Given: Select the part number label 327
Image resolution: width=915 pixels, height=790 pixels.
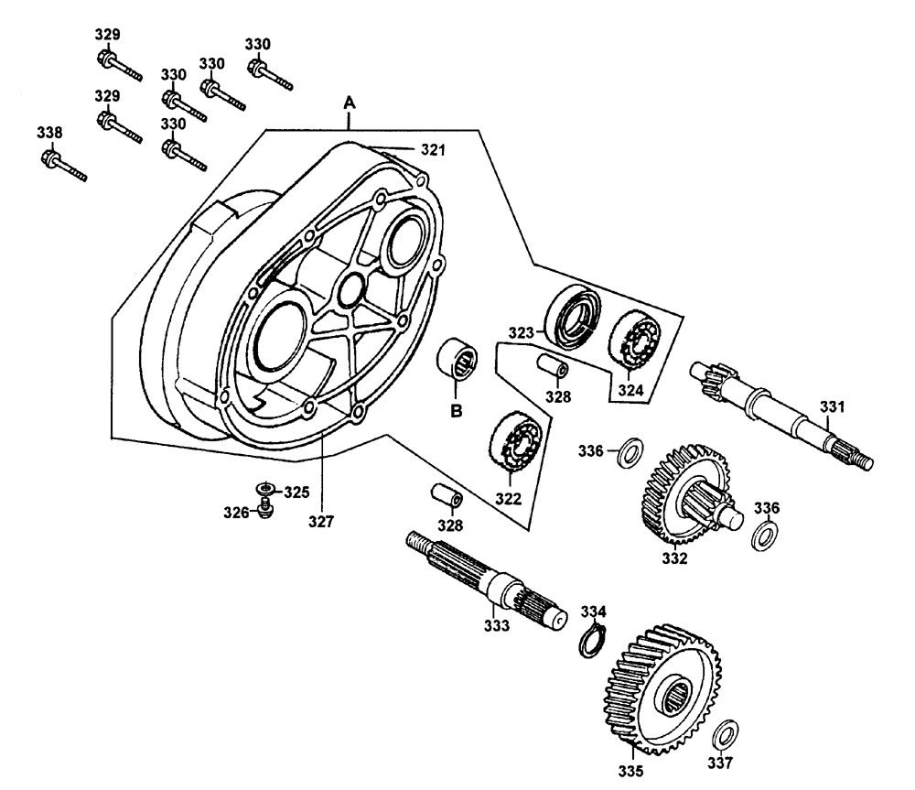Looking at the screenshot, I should point(320,523).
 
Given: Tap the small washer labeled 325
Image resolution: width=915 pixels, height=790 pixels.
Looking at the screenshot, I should point(265,489).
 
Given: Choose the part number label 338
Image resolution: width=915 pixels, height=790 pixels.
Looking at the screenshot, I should point(49,133).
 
